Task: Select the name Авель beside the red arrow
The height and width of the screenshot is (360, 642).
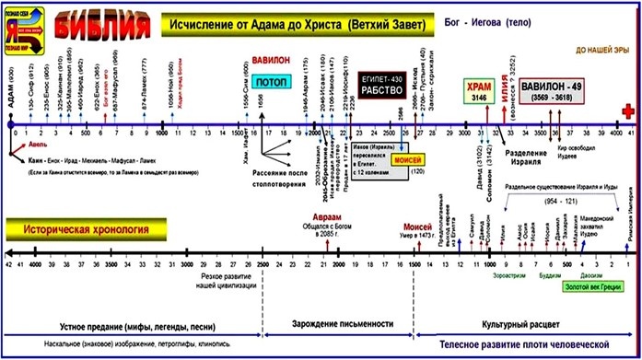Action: coord(38,145)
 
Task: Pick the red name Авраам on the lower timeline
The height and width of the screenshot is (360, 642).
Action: coord(316,218)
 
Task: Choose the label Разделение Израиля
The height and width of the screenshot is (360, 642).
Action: coord(522,151)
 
